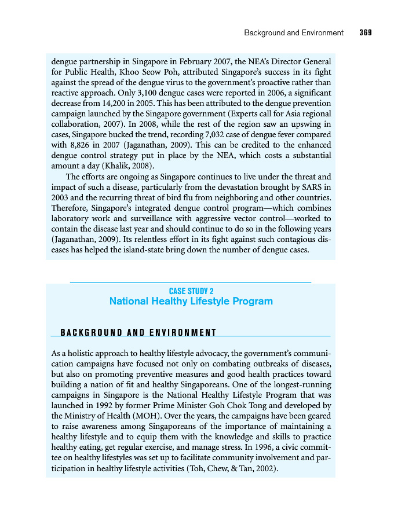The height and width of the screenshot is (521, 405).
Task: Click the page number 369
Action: click(x=365, y=33)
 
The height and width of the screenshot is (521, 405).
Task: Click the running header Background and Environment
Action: click(x=293, y=33)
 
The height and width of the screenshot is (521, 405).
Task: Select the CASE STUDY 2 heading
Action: click(x=191, y=291)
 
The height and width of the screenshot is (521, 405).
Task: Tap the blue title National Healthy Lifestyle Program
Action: click(x=191, y=302)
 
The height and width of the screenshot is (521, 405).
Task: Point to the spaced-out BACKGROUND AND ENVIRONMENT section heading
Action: click(x=138, y=332)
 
